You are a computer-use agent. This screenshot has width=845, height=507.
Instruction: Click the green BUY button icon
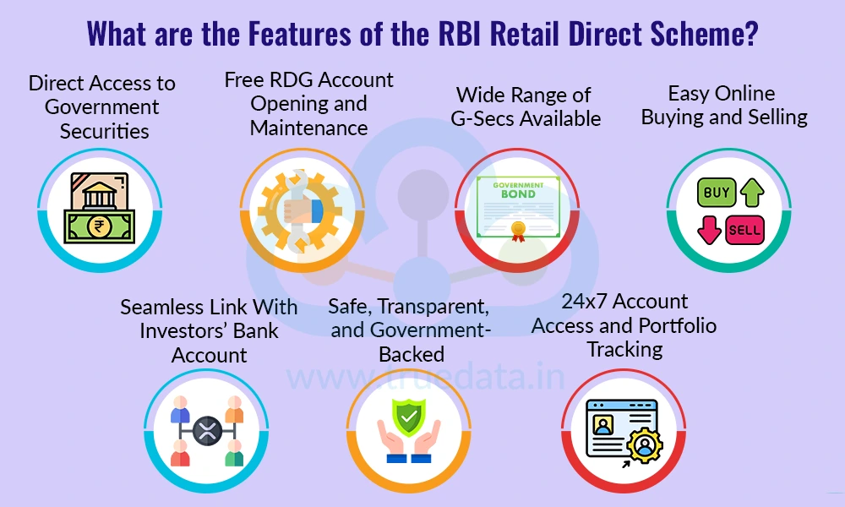coord(717,194)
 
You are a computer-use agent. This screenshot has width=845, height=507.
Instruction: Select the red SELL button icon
coord(744,229)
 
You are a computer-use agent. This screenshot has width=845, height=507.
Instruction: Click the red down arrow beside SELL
coord(708,230)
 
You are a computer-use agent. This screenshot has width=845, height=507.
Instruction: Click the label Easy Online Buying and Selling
coord(724,105)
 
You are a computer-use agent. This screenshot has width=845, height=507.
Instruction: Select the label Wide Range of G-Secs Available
coord(525,106)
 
